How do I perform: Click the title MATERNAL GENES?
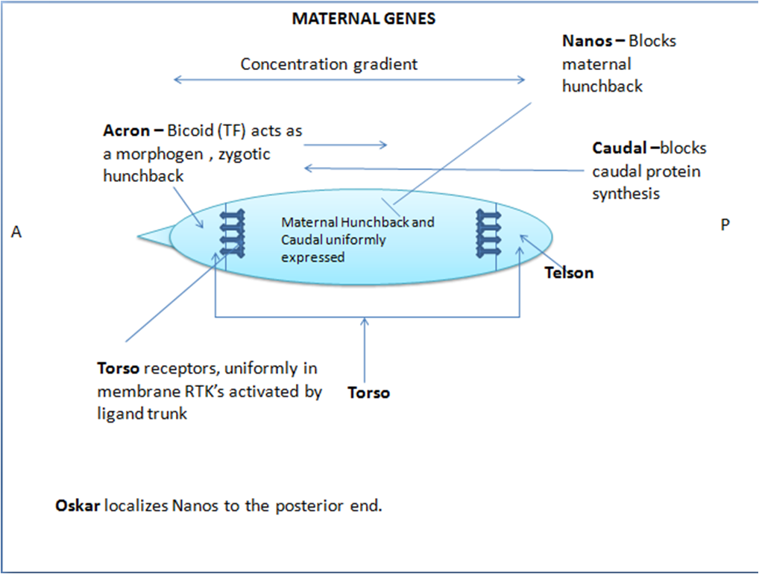pyautogui.click(x=363, y=19)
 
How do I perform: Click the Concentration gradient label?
pyautogui.click(x=329, y=64)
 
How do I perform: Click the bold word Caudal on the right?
pyautogui.click(x=619, y=148)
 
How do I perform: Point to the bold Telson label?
pyautogui.click(x=569, y=273)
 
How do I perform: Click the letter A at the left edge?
pyautogui.click(x=16, y=233)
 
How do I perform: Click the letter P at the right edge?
pyautogui.click(x=725, y=224)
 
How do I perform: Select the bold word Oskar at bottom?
pyautogui.click(x=78, y=505)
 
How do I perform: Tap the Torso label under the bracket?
pyautogui.click(x=368, y=392)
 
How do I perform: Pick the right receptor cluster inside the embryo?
pyautogui.click(x=490, y=233)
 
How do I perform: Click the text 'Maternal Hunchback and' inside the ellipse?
pyautogui.click(x=357, y=222)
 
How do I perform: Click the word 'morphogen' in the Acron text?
pyautogui.click(x=153, y=154)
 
